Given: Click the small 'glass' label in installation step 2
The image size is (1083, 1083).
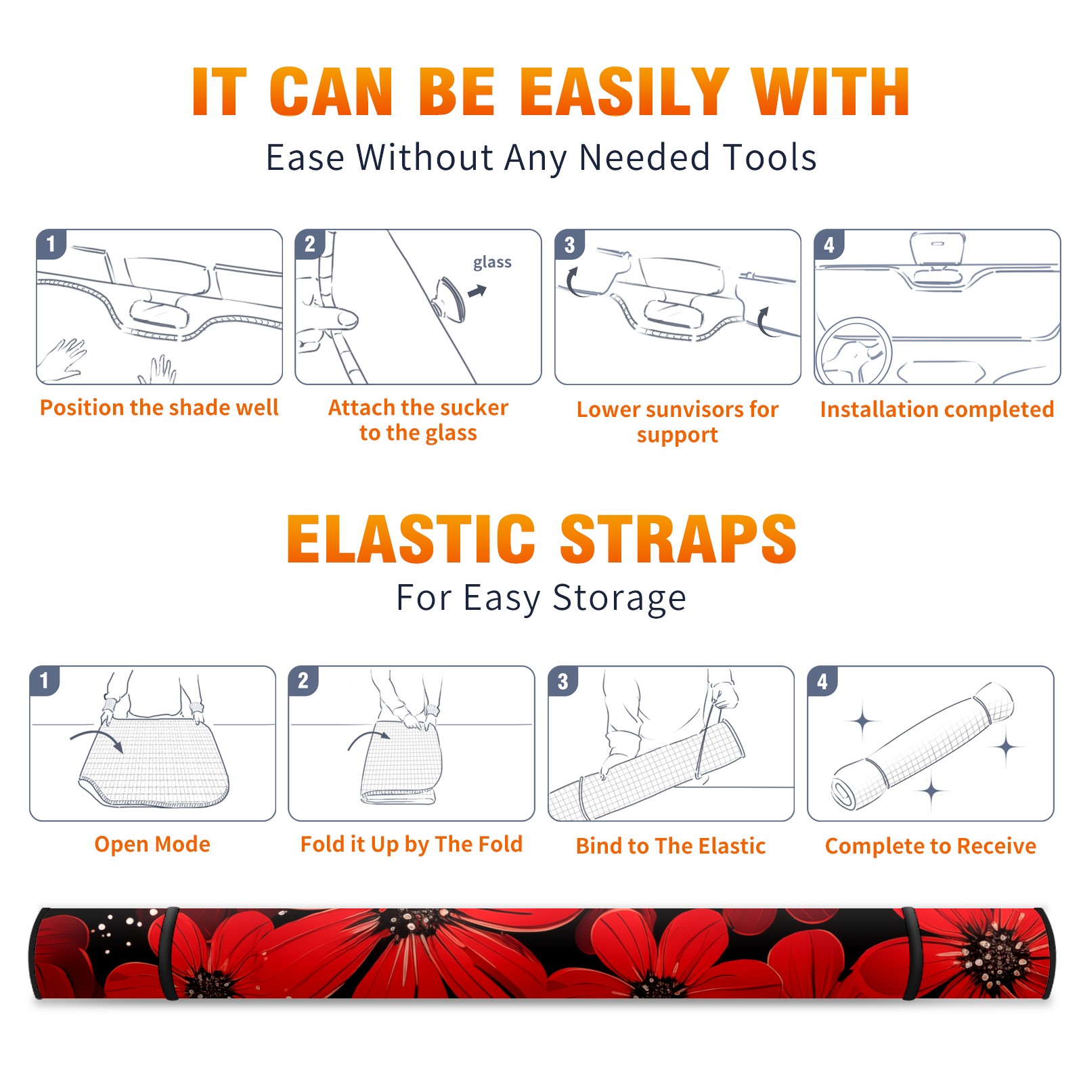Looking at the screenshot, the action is pyautogui.click(x=492, y=263).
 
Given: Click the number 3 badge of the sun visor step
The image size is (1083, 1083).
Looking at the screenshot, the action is pyautogui.click(x=569, y=244).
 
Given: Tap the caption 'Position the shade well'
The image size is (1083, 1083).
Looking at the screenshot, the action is pyautogui.click(x=159, y=407).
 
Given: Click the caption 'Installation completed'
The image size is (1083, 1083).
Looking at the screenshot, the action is pyautogui.click(x=937, y=410).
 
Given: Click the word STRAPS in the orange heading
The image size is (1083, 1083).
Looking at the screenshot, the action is pyautogui.click(x=678, y=539).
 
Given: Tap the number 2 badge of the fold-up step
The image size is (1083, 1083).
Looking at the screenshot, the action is pyautogui.click(x=303, y=681).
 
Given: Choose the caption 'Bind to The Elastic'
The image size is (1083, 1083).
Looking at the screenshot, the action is pyautogui.click(x=671, y=846).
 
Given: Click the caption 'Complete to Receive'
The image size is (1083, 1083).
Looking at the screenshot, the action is pyautogui.click(x=931, y=846).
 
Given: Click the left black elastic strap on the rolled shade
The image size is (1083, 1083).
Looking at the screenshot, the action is pyautogui.click(x=170, y=953).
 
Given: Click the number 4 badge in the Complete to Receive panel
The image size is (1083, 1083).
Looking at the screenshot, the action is pyautogui.click(x=822, y=681).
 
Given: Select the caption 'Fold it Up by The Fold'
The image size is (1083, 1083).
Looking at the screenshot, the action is pyautogui.click(x=412, y=844).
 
